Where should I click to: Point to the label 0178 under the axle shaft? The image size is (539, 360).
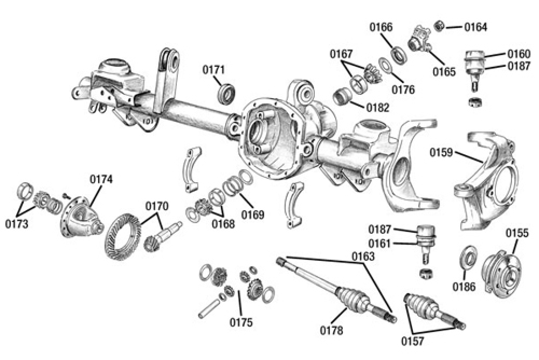(x=330, y=330)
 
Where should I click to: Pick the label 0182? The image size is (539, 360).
(x=377, y=107)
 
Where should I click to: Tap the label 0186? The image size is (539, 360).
(x=464, y=286)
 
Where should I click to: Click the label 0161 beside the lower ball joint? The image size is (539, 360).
(x=380, y=243)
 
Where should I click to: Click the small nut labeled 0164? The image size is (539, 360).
(x=439, y=25)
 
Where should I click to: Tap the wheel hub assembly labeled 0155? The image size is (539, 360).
(x=502, y=272)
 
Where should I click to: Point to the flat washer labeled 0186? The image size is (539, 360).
(x=467, y=258)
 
